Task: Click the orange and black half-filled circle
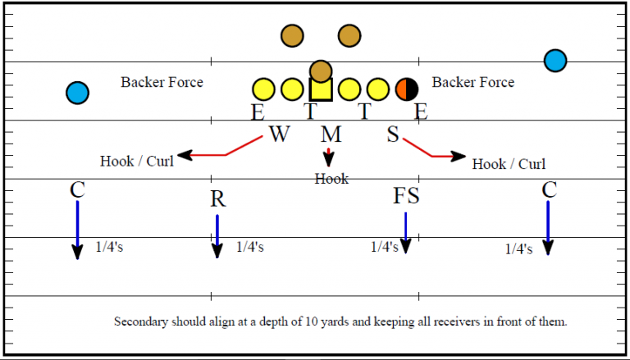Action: tap(407, 89)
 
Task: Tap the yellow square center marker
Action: tap(321, 89)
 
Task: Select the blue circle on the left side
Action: tap(77, 93)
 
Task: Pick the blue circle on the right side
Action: tap(555, 61)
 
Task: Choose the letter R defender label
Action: tap(217, 199)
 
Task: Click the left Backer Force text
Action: tap(162, 82)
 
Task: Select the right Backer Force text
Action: tap(473, 82)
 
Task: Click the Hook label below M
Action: tap(331, 179)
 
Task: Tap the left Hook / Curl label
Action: tap(137, 161)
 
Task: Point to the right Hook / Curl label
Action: tap(509, 164)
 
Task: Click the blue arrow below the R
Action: tap(217, 236)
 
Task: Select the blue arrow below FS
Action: tap(405, 232)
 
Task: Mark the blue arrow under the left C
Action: tap(77, 230)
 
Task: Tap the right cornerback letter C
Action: tap(550, 190)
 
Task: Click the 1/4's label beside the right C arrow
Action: tap(519, 248)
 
